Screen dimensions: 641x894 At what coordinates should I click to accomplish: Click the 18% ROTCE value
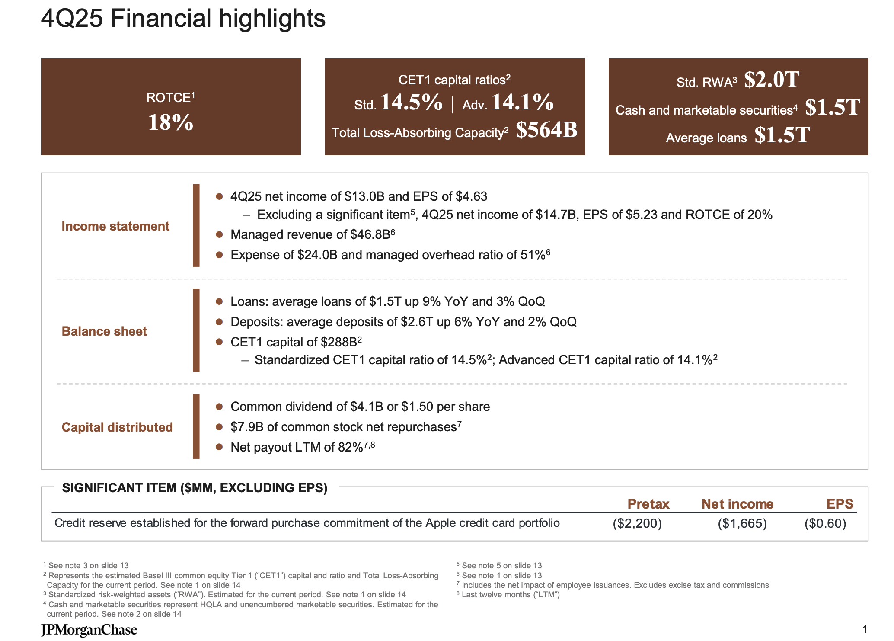pos(170,122)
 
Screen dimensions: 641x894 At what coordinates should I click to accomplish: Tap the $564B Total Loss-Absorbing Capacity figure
pos(546,130)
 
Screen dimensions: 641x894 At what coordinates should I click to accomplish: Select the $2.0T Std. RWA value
pos(771,80)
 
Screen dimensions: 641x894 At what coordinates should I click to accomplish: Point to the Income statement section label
pos(115,226)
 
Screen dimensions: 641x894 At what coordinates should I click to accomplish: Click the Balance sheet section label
pos(104,331)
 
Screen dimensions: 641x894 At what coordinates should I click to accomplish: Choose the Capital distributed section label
pos(117,427)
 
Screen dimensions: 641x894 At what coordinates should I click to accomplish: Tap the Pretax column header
pos(648,504)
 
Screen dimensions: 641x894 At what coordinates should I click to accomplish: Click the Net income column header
pos(737,504)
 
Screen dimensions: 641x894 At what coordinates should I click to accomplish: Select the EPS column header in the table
pos(840,504)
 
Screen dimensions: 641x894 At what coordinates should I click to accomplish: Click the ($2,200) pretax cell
pos(637,523)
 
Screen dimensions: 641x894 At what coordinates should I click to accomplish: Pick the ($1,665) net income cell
pos(742,523)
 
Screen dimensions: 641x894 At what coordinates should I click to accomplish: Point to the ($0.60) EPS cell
pos(825,523)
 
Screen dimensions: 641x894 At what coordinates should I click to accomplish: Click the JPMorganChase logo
pos(89,630)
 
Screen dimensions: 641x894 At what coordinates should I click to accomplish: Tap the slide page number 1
pos(864,629)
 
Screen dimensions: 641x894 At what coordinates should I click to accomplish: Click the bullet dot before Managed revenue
pos(219,234)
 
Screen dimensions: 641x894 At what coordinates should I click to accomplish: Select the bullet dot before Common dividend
pos(219,407)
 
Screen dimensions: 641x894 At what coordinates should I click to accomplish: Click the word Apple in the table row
pos(441,523)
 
